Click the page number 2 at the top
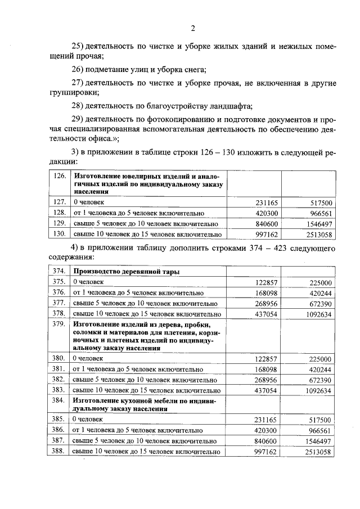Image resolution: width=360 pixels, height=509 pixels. click(192, 28)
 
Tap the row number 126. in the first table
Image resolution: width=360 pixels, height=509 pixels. click(59, 176)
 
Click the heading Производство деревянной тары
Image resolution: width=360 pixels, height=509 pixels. click(127, 272)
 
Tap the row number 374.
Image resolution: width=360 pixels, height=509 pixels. click(59, 272)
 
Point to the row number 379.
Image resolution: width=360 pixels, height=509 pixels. click(59, 325)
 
